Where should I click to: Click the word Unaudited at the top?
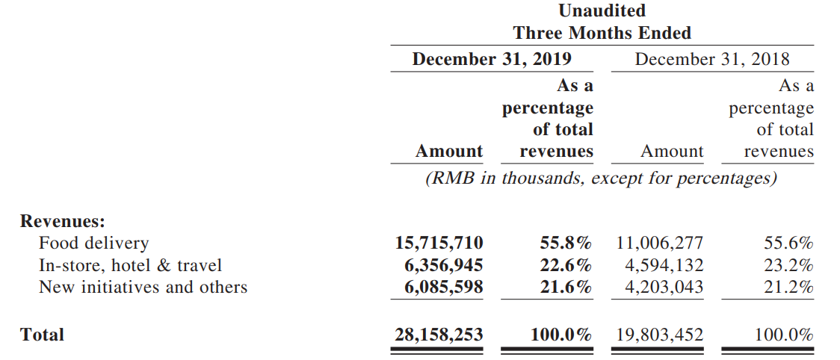602,10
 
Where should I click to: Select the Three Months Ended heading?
602,33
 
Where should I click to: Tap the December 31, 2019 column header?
492,59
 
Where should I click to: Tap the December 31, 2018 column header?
711,59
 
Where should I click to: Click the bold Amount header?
449,152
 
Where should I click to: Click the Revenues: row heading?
63,221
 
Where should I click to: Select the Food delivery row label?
93,243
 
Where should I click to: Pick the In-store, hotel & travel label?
130,265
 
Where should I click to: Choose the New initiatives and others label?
143,287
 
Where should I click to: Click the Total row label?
43,335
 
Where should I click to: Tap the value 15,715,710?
439,243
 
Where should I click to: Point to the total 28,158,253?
439,335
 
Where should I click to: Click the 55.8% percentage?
566,243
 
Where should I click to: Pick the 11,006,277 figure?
659,243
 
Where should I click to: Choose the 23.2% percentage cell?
788,265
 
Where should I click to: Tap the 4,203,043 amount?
664,287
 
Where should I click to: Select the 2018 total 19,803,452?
659,335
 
